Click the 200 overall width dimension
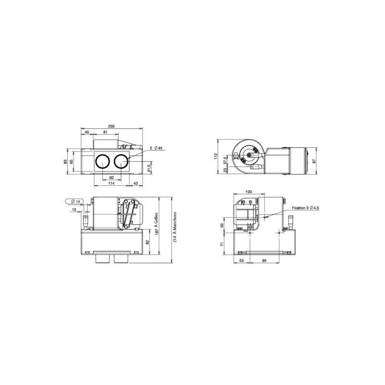111,126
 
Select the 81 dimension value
105,132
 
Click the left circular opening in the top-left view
103,162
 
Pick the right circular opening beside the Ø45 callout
121,162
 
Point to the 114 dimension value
112,183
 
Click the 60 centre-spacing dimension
112,178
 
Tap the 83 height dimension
65,162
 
